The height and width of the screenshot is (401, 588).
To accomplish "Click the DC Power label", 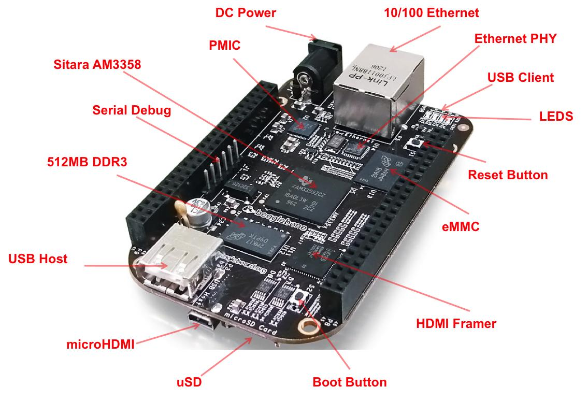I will click(246, 12).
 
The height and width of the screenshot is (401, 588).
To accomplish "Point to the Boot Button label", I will click(350, 382).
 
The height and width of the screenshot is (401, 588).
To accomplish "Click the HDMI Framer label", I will click(456, 324).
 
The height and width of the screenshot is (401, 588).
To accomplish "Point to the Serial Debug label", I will click(132, 110).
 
